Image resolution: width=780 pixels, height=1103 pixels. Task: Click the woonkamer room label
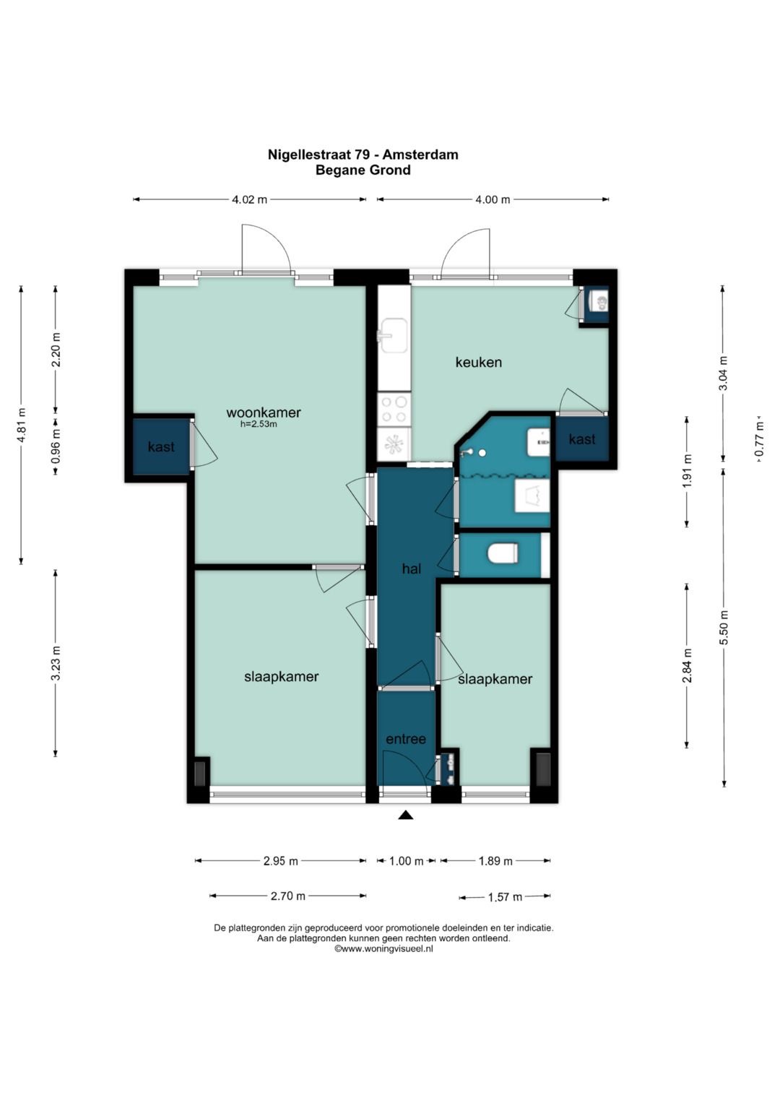[x=264, y=412]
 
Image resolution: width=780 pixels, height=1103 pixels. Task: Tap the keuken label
[x=478, y=363]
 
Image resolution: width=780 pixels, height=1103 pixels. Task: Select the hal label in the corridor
[x=412, y=568]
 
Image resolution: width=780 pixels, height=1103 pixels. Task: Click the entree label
[x=406, y=739]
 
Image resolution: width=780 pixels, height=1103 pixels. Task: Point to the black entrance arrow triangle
[x=405, y=816]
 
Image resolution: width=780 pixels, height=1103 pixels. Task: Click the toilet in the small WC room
[x=503, y=554]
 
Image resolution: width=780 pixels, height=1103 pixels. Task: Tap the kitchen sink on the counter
[x=392, y=335]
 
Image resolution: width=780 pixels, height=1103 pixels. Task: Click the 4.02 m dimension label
[x=250, y=199]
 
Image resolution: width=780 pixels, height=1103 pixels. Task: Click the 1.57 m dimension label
[x=505, y=896]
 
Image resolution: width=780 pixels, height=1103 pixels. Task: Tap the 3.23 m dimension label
[x=56, y=663]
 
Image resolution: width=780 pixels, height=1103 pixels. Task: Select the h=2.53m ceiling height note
[x=259, y=424]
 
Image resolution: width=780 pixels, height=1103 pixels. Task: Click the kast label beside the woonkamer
[x=161, y=446]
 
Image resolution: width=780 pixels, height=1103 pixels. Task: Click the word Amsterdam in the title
[x=420, y=155]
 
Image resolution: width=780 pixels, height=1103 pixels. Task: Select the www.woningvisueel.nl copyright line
[x=383, y=949]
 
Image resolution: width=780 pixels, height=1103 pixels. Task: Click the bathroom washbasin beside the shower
[x=538, y=442]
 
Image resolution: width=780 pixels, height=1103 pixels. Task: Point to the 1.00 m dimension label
[x=406, y=861]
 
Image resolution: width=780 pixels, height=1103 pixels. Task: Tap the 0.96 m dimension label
[x=56, y=446]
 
